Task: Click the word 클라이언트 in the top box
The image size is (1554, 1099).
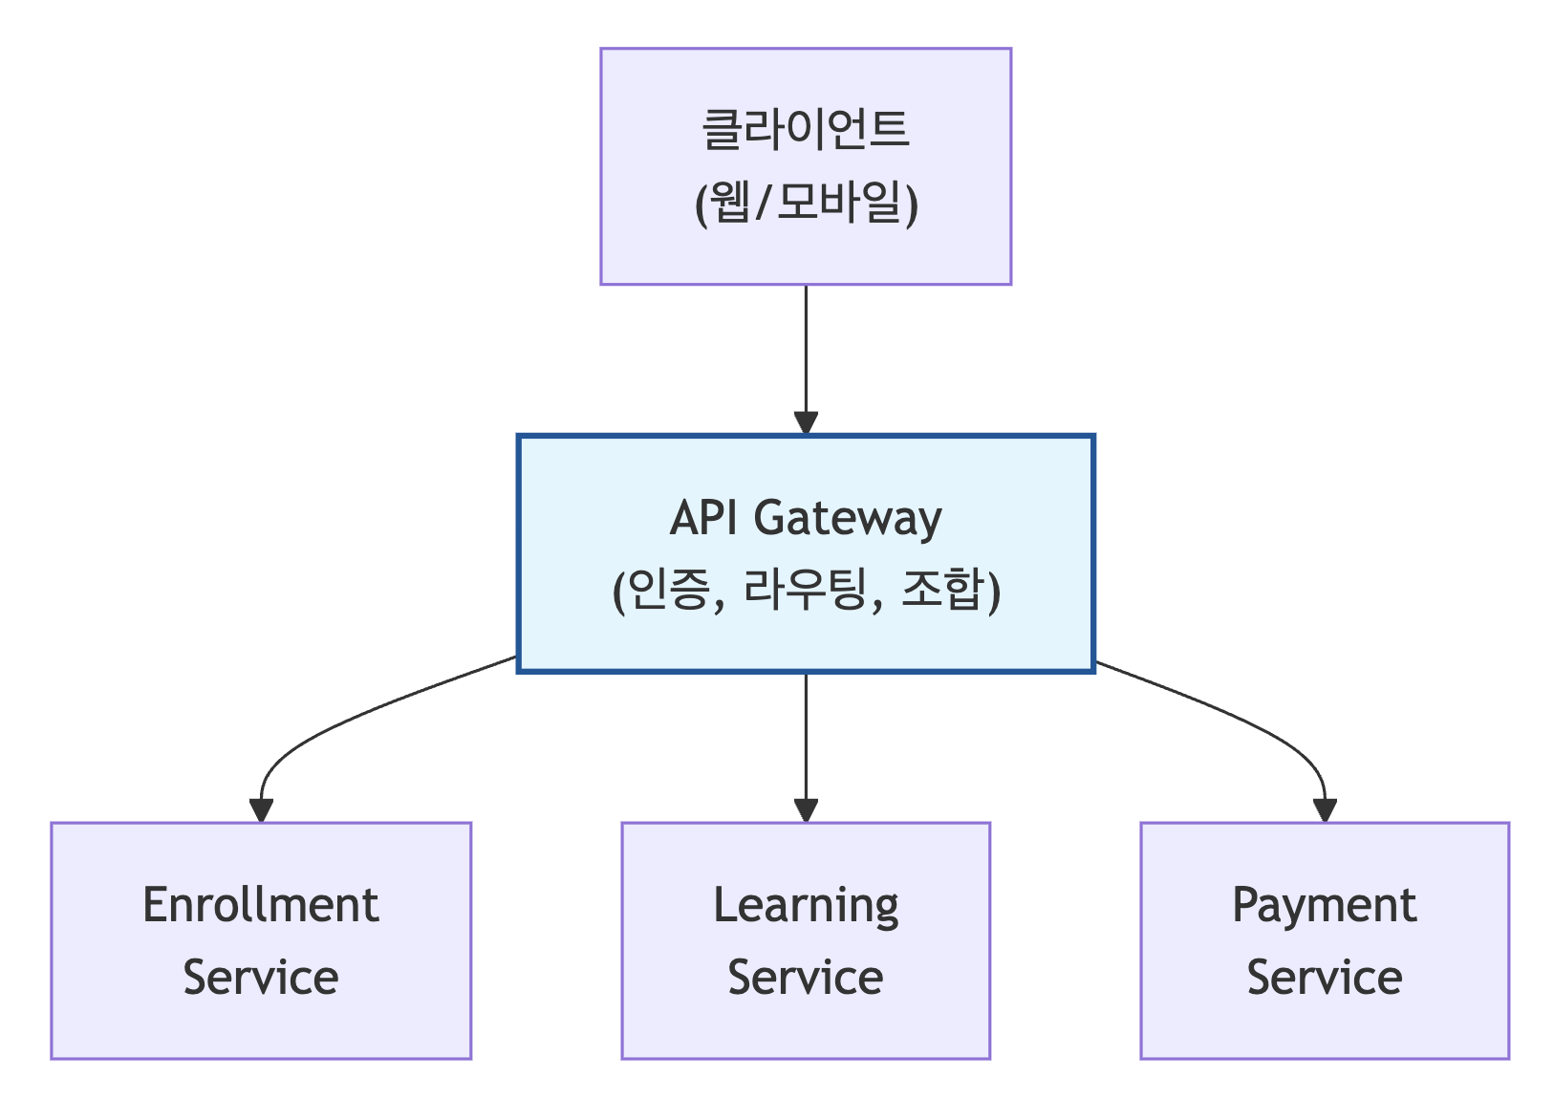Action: pyautogui.click(x=806, y=129)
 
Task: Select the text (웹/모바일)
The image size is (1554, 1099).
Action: pyautogui.click(x=806, y=203)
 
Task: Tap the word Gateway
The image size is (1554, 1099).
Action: pyautogui.click(x=848, y=518)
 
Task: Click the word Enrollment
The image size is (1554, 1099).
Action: pyautogui.click(x=261, y=905)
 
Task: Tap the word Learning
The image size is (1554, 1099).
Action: pyautogui.click(x=806, y=905)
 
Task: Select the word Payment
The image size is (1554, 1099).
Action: pyautogui.click(x=1324, y=905)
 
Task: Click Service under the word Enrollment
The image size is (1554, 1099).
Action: pyautogui.click(x=261, y=978)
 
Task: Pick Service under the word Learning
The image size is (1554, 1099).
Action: pyautogui.click(x=806, y=978)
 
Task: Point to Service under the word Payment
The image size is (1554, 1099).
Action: pyautogui.click(x=1324, y=978)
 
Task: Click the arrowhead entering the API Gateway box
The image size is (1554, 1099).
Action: pyautogui.click(x=806, y=422)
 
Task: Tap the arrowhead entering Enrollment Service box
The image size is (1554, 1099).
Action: pyautogui.click(x=261, y=810)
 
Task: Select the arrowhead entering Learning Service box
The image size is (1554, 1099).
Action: pyautogui.click(x=806, y=810)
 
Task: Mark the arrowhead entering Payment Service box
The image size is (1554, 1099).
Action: pyautogui.click(x=1325, y=810)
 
